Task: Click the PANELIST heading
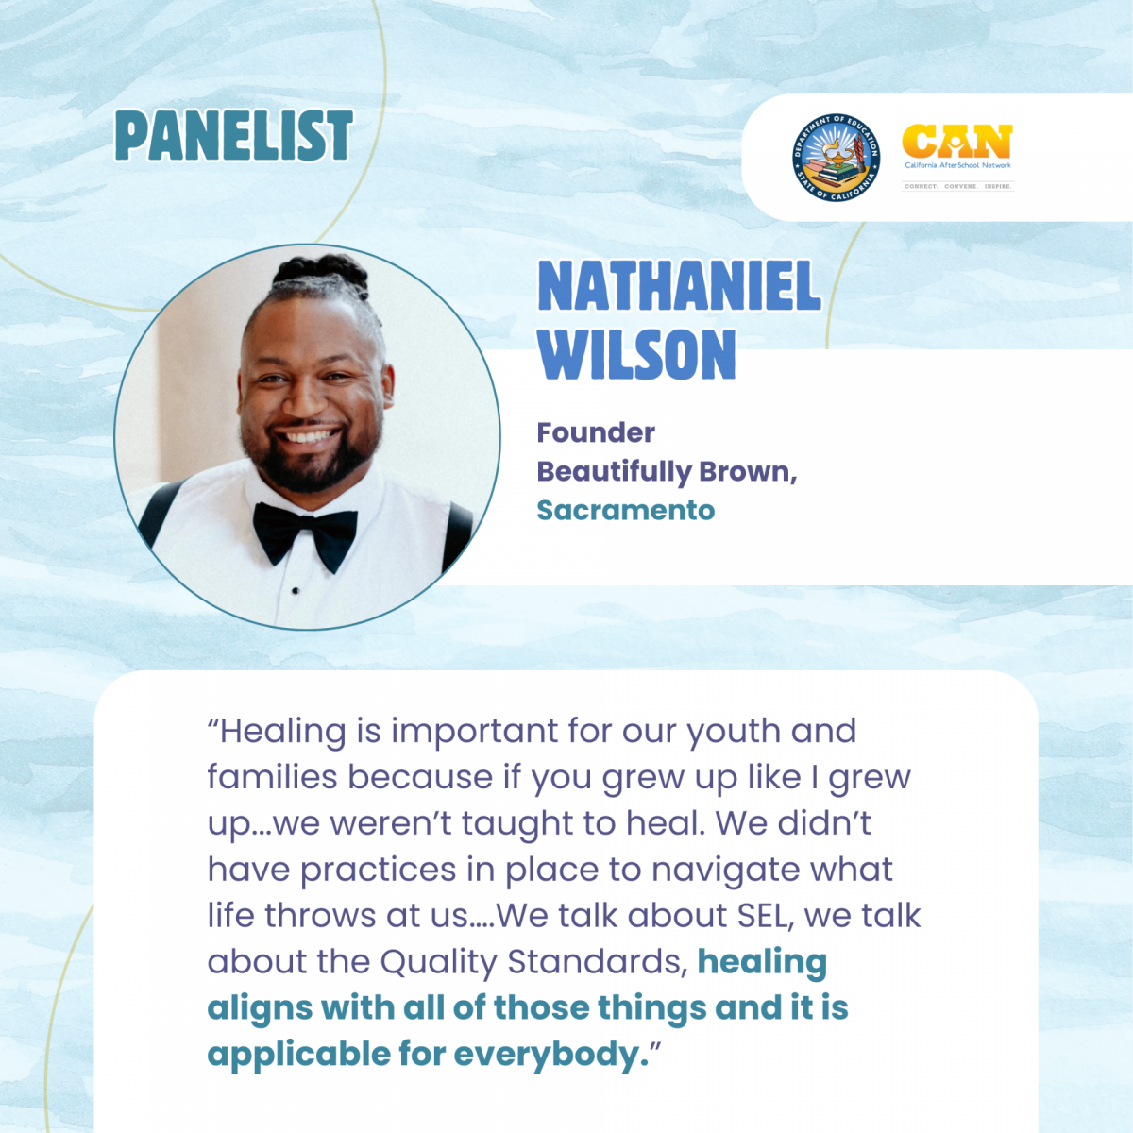(233, 135)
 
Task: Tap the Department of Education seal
(836, 157)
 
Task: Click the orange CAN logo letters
(957, 141)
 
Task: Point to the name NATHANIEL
(679, 286)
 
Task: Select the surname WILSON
(636, 354)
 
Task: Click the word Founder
(596, 432)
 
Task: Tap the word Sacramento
(626, 510)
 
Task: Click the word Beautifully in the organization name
(614, 471)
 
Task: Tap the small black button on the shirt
(296, 590)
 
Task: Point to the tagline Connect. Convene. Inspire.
(957, 186)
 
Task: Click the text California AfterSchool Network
(957, 165)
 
